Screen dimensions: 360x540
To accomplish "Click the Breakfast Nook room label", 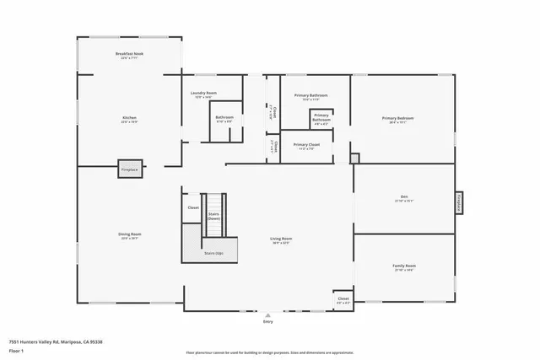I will point(129,54).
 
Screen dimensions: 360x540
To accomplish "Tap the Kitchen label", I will point(129,117).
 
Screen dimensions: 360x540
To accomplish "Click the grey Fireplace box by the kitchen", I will point(129,169).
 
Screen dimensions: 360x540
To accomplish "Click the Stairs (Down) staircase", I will point(214,216).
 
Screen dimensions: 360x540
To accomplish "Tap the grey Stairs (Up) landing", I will point(213,252).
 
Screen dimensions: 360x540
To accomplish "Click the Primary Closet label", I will point(306,145).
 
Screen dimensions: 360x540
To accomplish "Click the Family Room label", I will point(404,266).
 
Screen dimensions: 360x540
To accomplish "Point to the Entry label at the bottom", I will point(268,321).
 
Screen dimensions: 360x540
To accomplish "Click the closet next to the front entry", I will point(343,299).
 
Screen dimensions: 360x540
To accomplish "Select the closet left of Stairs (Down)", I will point(193,207).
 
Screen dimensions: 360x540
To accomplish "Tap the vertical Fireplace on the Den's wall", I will point(459,201).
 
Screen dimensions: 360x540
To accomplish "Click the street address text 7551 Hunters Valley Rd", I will point(41,341).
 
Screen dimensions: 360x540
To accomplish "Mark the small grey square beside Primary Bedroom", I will point(354,158).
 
